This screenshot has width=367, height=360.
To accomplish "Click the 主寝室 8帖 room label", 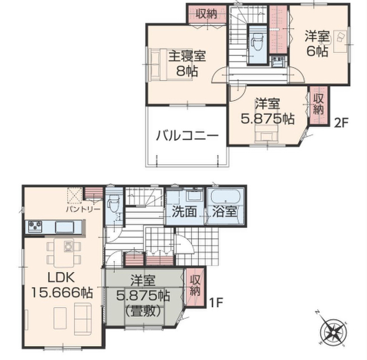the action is tap(187, 63).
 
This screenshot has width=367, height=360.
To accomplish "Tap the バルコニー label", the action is tap(187, 135).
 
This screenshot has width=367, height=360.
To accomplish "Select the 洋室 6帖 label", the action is tap(317, 44).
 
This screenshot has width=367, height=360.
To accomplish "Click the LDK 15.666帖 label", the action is tap(62, 285).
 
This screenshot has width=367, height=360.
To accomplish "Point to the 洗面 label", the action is tap(184, 211).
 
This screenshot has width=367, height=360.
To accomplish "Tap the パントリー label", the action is tap(83, 209).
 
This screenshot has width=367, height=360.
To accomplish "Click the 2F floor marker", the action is tap(341, 123).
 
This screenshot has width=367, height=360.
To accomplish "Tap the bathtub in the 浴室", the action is tap(226, 197).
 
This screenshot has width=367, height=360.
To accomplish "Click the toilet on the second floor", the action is tap(258, 42).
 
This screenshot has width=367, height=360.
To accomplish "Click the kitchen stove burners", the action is tap(35, 226).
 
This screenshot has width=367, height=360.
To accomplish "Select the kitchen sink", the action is tap(64, 227).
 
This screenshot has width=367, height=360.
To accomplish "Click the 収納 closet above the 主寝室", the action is tap(207, 14).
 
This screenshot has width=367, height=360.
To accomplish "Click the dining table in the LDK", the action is tap(64, 252).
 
